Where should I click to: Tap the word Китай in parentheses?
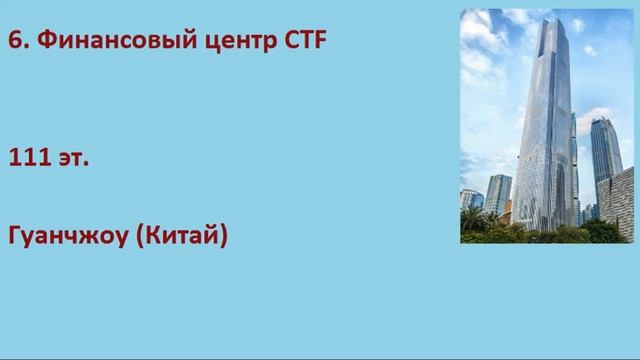(187, 238)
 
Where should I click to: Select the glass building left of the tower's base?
(497, 195)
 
